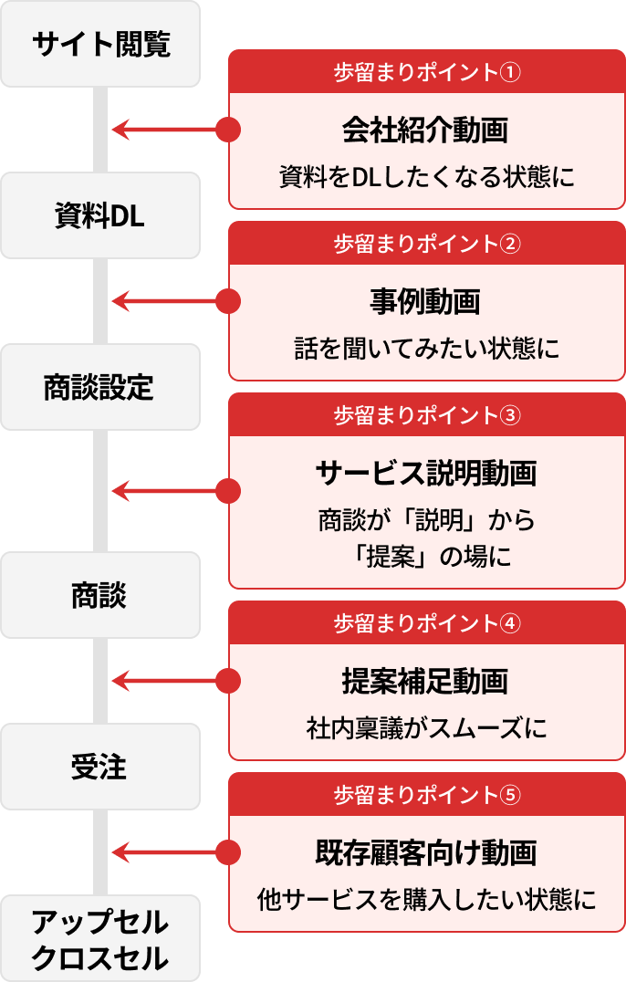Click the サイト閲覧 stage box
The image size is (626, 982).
[x=100, y=44]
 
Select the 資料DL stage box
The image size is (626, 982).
[x=100, y=215]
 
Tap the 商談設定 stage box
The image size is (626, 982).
[x=100, y=387]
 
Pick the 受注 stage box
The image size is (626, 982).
[x=100, y=768]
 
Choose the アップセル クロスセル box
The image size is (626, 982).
[x=100, y=939]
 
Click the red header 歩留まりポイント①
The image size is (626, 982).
[x=427, y=72]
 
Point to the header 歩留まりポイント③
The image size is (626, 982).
[x=427, y=415]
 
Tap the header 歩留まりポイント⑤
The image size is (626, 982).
[x=427, y=795]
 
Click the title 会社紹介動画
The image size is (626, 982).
[x=425, y=131]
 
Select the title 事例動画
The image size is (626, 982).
[x=425, y=301]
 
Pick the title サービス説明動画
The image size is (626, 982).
[x=425, y=473]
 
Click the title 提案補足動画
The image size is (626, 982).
[x=425, y=681]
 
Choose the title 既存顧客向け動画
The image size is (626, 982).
[x=425, y=852]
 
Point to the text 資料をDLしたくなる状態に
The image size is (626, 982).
[x=427, y=176]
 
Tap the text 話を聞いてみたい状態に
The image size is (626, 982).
[x=427, y=348]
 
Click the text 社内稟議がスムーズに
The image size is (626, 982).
[x=427, y=728]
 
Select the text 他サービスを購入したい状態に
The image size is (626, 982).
[x=427, y=900]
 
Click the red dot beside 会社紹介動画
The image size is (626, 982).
[x=228, y=130]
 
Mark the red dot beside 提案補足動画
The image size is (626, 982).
[x=228, y=680]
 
